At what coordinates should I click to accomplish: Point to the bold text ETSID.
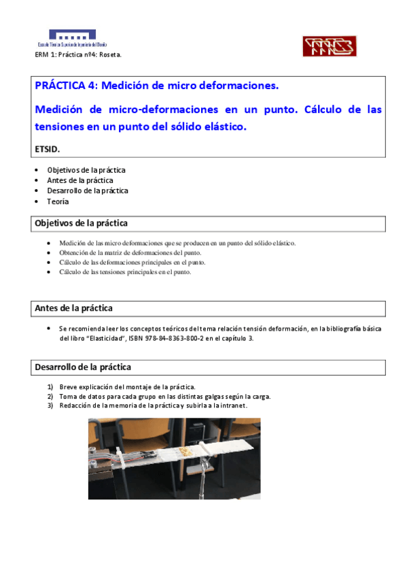coord(48,148)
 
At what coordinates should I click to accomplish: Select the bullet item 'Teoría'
coord(58,201)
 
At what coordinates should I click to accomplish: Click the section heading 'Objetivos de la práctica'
coord(81,223)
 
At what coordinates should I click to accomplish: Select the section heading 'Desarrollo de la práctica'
coord(82,367)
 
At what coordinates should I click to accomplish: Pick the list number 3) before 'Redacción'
coord(50,406)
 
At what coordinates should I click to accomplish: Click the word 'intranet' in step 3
coord(233,406)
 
